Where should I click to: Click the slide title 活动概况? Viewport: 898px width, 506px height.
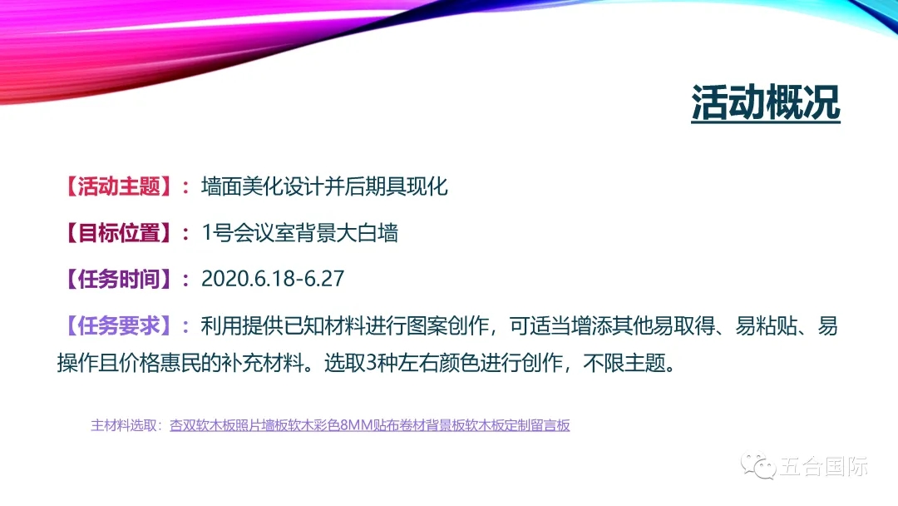766,102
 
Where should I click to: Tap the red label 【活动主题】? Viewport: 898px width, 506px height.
119,186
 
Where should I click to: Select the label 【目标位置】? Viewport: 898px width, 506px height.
119,233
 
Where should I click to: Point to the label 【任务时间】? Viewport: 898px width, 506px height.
119,279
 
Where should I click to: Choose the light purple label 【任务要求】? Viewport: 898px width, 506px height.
119,326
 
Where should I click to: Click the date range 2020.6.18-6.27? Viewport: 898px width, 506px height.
273,279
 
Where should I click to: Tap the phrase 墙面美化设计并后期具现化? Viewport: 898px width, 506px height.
324,186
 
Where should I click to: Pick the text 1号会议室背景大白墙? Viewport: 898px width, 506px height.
299,233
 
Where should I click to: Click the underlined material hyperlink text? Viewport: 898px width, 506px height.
370,425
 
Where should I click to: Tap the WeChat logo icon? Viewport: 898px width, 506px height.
757,465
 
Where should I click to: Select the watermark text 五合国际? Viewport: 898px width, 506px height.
823,466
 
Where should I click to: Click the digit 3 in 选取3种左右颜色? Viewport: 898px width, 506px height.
371,363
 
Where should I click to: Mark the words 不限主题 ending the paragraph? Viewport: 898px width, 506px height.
624,363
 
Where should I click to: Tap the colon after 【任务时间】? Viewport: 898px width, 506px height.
185,280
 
